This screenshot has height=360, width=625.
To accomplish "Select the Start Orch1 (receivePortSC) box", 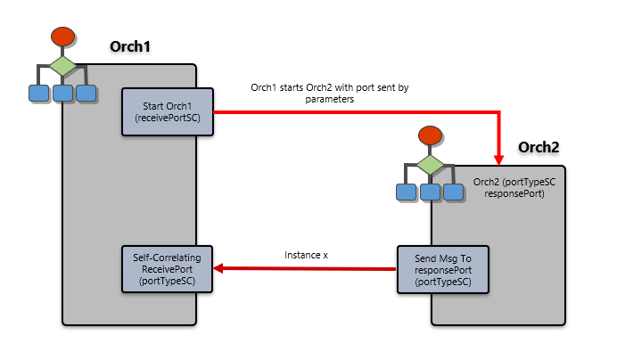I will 168,111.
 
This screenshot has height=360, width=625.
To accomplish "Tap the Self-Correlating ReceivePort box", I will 168,269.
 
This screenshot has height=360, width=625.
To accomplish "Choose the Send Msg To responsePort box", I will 443,269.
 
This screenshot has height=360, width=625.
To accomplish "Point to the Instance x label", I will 306,255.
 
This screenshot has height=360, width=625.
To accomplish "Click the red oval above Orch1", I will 62,37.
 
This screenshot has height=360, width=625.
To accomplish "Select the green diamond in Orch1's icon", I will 62,66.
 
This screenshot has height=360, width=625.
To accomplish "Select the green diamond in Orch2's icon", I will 431,164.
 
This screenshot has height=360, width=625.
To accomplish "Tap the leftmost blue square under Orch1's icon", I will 38,93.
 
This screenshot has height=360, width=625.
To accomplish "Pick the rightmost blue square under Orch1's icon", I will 86,93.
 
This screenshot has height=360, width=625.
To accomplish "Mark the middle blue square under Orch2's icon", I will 431,192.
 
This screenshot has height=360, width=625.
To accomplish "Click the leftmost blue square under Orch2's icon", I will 407,192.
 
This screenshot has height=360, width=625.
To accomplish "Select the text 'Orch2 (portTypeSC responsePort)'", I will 514,187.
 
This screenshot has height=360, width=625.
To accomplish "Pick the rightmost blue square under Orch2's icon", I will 454,192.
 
